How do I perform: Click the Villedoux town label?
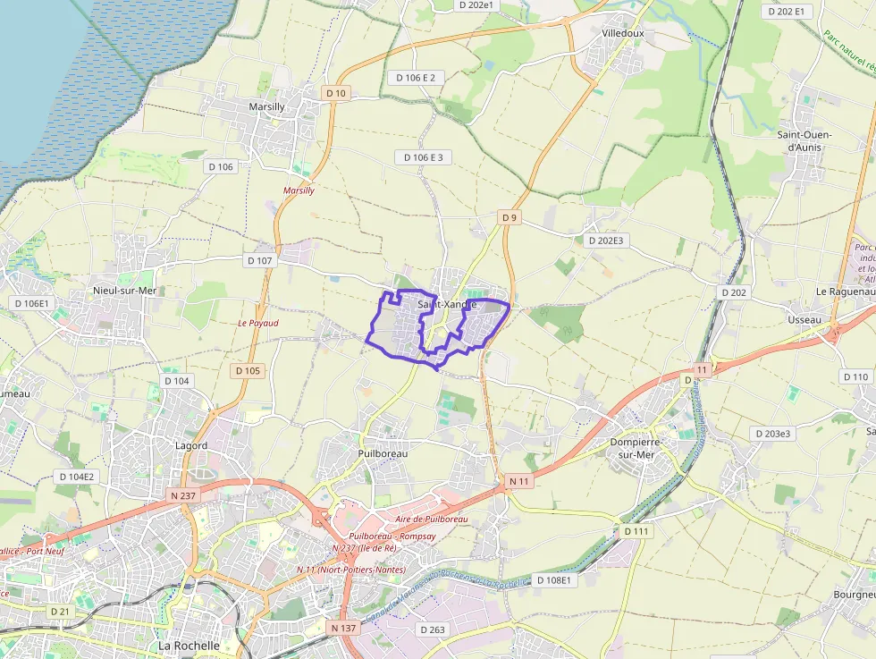coord(623,33)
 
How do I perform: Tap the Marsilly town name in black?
coord(265,107)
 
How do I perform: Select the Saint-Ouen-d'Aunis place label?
coord(804,140)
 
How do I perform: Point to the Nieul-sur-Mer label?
coord(124,291)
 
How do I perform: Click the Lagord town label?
coord(191,445)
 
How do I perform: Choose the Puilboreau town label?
coord(383,453)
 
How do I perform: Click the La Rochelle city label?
coord(189,645)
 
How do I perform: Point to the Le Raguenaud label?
coord(845,291)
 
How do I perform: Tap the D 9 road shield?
coord(510,217)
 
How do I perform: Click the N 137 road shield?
coord(343,628)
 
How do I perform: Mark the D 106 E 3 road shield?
coord(423,157)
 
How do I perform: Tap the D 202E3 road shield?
coord(606,241)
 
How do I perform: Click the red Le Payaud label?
coord(258,323)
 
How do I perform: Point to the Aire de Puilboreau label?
coord(431,520)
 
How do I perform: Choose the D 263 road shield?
coord(432,629)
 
